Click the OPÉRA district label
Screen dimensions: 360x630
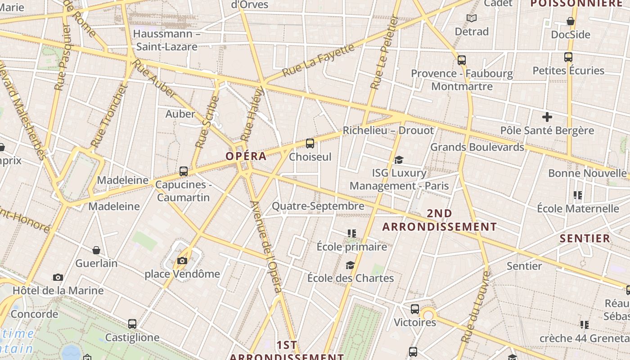point(246,157)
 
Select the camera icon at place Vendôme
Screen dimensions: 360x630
point(182,261)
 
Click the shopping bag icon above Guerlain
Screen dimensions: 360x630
point(96,250)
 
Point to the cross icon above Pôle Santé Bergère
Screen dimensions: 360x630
point(547,117)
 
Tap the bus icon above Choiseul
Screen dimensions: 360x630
point(310,144)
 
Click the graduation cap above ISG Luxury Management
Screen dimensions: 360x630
point(399,160)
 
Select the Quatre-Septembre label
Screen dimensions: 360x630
point(318,206)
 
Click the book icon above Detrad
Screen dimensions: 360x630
point(472,18)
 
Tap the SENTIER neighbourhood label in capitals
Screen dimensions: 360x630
point(585,238)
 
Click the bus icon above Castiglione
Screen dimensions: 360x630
point(132,324)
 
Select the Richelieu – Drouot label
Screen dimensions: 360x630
point(388,130)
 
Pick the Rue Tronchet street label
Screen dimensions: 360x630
point(109,116)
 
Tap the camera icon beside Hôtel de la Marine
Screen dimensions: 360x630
point(58,277)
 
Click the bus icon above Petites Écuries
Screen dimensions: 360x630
point(568,57)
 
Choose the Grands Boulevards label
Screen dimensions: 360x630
point(477,147)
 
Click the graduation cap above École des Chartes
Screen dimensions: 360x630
point(350,265)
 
